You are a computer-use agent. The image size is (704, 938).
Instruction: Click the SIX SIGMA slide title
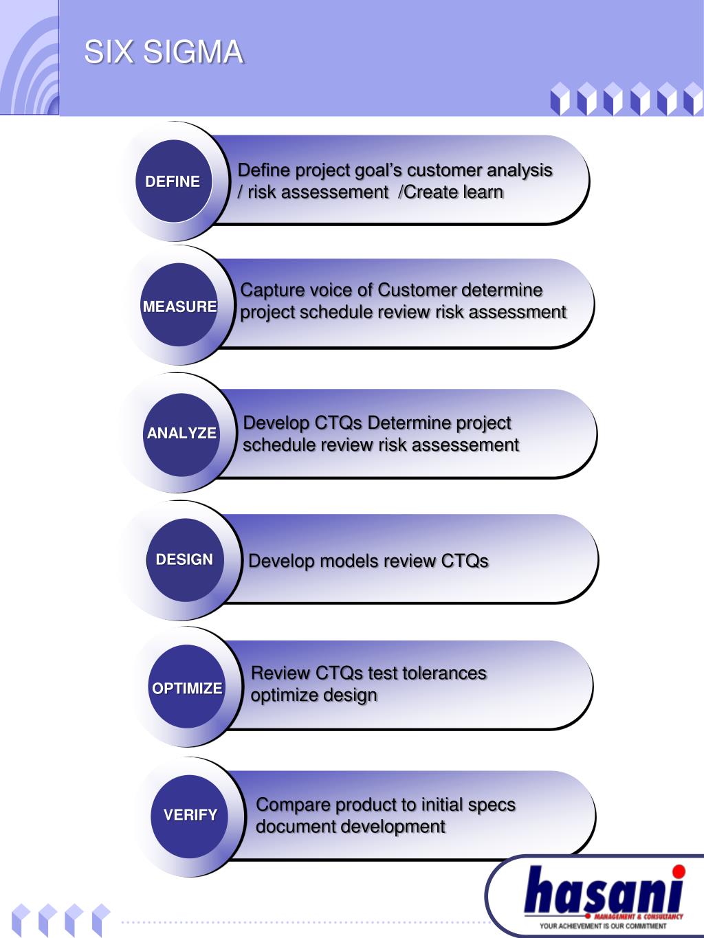point(164,52)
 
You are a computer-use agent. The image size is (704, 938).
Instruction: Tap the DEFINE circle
point(173,181)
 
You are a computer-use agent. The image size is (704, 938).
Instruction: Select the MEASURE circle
point(179,306)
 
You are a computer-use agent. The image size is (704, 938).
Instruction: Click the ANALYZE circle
point(181,433)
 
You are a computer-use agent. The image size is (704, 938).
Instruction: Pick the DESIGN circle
point(184,559)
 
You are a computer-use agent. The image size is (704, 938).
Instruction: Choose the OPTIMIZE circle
point(187,688)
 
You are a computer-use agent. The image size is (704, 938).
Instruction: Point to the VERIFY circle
point(190,815)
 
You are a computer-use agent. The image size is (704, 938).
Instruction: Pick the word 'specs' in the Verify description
point(491,805)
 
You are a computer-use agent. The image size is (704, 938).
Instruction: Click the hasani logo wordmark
point(603,891)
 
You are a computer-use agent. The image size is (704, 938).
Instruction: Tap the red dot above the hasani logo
point(679,872)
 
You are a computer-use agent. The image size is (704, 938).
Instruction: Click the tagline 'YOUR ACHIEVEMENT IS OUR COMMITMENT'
point(603,926)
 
